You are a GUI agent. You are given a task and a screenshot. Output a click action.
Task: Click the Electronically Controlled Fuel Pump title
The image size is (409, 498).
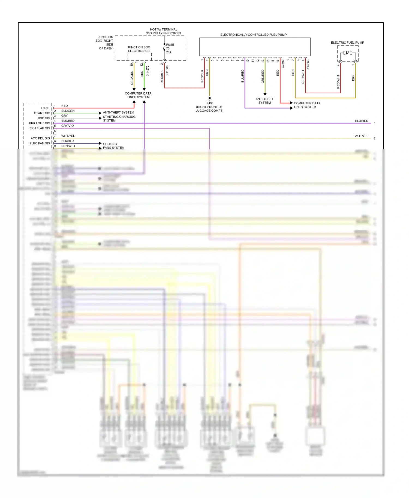point(253,35)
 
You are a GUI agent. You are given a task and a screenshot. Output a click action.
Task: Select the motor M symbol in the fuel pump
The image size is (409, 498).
point(348,53)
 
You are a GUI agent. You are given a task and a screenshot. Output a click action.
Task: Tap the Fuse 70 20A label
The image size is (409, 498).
point(170,48)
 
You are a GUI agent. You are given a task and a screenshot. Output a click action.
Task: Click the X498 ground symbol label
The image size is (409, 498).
point(210,103)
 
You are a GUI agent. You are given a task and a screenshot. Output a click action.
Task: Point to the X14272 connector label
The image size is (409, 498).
point(148,71)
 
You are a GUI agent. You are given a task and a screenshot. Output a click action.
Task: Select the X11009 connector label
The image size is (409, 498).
point(167,71)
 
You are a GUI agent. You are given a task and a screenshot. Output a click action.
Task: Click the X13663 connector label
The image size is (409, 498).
point(308,65)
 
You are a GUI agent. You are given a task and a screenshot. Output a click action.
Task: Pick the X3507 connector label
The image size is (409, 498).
point(283,64)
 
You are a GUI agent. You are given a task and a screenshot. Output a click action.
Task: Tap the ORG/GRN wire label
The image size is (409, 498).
point(132,78)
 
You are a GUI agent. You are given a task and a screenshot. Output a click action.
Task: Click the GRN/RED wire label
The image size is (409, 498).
point(263,76)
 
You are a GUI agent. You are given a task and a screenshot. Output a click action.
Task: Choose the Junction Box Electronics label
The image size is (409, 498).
point(139,49)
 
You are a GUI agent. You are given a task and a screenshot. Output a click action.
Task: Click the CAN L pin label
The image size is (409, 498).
point(46,108)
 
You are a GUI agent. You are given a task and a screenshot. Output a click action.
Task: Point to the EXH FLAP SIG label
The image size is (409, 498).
point(40,128)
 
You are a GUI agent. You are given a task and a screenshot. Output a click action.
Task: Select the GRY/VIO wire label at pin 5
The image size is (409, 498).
point(67,126)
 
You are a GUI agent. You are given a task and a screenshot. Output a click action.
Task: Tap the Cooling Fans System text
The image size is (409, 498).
point(113,146)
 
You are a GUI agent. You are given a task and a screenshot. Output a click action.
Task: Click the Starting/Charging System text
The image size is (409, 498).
point(119,119)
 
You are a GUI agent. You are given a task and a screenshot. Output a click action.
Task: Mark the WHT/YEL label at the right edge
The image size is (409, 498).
point(361,136)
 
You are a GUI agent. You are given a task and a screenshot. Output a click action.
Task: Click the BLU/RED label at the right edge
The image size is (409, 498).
point(361,121)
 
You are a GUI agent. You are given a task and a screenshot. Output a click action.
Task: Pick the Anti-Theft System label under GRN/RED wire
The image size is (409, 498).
point(264,101)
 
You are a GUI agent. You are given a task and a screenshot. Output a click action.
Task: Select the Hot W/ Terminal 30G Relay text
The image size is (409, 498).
point(163,31)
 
